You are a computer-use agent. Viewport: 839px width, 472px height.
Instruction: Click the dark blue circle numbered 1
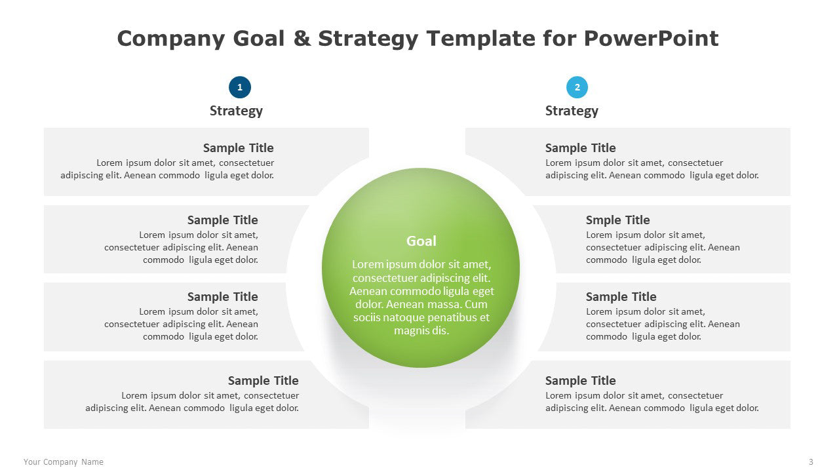[x=240, y=87]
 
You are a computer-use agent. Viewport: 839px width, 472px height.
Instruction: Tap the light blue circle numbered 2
[x=577, y=87]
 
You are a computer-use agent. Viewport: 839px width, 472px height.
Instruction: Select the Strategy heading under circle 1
[x=236, y=111]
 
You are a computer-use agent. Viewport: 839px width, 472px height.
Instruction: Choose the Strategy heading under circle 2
[x=572, y=111]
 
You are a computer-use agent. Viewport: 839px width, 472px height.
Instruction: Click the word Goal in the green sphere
[x=421, y=241]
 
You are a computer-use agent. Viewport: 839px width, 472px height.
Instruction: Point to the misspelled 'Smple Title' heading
[x=617, y=220]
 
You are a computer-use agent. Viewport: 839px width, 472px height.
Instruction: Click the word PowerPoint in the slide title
[x=651, y=39]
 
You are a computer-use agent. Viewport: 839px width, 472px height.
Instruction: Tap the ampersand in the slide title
[x=302, y=39]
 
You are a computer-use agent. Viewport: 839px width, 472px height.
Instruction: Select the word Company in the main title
[x=171, y=39]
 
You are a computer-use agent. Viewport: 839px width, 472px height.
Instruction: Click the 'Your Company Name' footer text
[x=64, y=462]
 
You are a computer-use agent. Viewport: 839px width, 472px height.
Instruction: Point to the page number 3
[x=811, y=462]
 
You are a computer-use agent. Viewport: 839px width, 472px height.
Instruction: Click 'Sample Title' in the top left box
[x=238, y=148]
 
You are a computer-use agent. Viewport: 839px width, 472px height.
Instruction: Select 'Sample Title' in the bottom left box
[x=263, y=381]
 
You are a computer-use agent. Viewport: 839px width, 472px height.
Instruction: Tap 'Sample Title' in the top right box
[x=580, y=148]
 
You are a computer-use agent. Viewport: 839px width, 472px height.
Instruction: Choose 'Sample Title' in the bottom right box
[x=580, y=381]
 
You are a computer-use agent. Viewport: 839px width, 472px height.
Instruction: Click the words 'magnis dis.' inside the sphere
[x=421, y=331]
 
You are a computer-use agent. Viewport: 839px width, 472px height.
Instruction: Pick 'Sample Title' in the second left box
[x=222, y=220]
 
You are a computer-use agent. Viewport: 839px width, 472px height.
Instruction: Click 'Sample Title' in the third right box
[x=621, y=297]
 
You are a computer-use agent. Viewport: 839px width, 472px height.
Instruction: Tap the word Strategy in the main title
[x=368, y=39]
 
